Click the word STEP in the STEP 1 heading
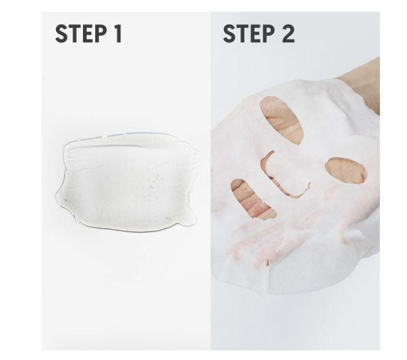(x=81, y=34)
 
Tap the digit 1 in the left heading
(x=118, y=34)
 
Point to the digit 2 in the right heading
(x=288, y=34)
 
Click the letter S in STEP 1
(x=62, y=34)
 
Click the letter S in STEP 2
(x=229, y=34)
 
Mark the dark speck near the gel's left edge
(x=65, y=200)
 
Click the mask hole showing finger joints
(x=252, y=199)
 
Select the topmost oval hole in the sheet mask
(x=281, y=119)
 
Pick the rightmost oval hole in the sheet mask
(x=346, y=170)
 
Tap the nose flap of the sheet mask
(x=286, y=174)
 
